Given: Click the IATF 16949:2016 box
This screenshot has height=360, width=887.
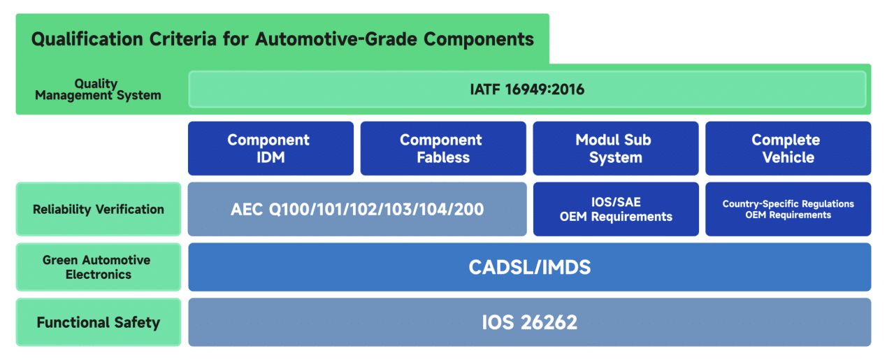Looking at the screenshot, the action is [x=528, y=89].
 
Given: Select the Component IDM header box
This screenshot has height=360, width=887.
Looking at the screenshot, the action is [x=271, y=148].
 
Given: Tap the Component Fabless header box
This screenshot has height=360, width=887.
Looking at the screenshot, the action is [x=443, y=148].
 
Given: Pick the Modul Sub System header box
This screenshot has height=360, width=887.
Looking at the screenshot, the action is [x=616, y=148].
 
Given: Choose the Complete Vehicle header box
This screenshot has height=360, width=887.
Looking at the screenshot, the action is [x=788, y=148].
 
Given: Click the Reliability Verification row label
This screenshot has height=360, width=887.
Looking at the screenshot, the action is [x=99, y=209].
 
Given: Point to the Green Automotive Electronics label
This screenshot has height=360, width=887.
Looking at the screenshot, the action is [x=99, y=267].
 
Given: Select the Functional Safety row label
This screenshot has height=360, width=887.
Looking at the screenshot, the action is [x=99, y=322].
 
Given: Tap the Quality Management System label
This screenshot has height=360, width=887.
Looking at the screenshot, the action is [x=98, y=89].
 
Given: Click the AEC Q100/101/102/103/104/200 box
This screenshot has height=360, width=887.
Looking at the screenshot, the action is [x=357, y=209].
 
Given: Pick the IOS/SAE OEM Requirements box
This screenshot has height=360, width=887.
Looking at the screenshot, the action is [x=616, y=209].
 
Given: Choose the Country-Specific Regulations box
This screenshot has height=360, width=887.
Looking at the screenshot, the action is [x=788, y=209].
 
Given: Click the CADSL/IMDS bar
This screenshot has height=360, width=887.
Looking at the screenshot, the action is [x=529, y=267].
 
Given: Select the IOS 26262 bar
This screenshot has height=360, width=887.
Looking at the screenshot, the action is [x=529, y=322].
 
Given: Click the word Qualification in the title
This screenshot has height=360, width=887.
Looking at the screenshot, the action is [x=87, y=40].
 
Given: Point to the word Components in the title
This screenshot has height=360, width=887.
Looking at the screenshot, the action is [x=479, y=40].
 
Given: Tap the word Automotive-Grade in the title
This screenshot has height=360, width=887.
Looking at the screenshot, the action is [x=336, y=40].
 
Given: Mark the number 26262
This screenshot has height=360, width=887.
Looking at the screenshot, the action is [x=549, y=322].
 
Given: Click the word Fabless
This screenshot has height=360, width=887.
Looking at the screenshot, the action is [x=443, y=157].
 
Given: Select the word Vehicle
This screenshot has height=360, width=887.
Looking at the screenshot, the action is [x=788, y=157].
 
